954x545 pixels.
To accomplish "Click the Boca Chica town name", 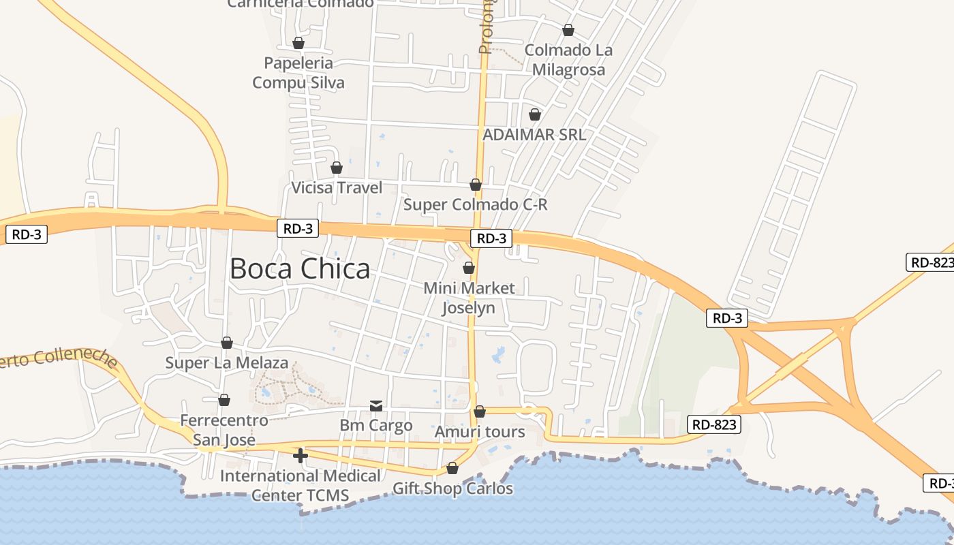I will (x=300, y=269).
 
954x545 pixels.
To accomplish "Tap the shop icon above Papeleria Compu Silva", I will (x=298, y=43).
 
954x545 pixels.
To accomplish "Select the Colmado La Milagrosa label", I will (x=568, y=60).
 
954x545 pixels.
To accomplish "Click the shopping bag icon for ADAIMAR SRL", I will (x=535, y=114).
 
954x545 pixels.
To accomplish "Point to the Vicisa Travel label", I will (x=337, y=187).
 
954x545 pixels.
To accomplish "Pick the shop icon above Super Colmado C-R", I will (x=476, y=185).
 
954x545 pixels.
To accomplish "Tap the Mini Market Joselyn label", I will (x=469, y=298).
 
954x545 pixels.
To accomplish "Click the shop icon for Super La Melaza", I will (x=227, y=342).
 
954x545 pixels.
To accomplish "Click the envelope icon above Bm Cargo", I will (x=376, y=406).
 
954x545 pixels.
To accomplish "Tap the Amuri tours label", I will (x=480, y=432).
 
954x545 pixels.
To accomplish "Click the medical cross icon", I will (x=300, y=455).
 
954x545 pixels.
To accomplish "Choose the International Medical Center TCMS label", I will (x=300, y=485).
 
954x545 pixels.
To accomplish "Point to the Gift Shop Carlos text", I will (x=452, y=488).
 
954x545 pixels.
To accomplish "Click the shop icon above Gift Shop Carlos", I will (x=452, y=469).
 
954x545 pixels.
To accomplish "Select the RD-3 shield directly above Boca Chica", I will (x=298, y=228).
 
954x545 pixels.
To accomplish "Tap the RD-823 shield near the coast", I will (x=713, y=424).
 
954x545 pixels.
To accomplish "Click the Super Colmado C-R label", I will (x=476, y=204).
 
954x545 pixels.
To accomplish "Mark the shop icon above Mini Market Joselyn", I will (x=469, y=268).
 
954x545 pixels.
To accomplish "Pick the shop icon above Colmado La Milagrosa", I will (x=568, y=30).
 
